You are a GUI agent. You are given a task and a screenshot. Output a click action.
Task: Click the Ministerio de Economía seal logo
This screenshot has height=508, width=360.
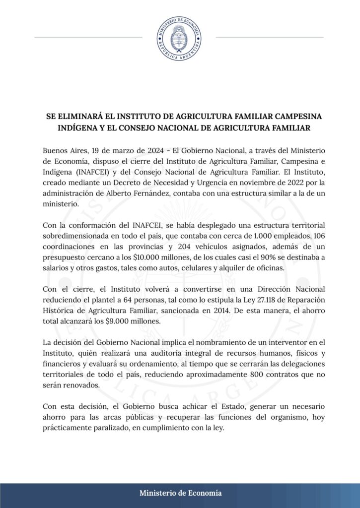click(x=179, y=38)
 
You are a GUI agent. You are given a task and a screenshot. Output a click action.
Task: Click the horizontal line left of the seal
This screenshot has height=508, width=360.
click(x=88, y=37)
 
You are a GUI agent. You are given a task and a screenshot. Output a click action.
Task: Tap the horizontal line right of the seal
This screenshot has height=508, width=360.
click(x=270, y=37)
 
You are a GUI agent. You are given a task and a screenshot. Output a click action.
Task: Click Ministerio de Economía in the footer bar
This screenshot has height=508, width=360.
click(x=180, y=493)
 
